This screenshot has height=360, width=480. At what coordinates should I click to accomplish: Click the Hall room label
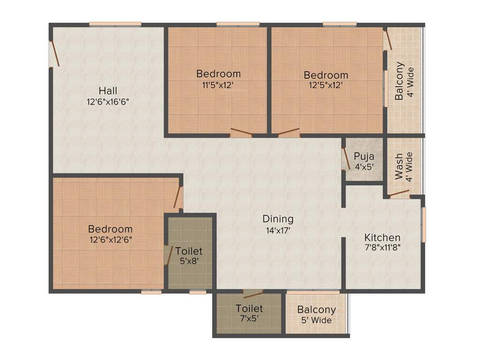[x=108, y=90]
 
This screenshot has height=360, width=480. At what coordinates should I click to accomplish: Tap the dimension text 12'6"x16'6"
[x=108, y=102]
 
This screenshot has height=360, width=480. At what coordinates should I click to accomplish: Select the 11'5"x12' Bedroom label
[x=218, y=74]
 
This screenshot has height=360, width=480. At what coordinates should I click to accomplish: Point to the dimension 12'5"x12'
[x=326, y=85]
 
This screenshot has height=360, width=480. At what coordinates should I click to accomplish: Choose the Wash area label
[x=399, y=166]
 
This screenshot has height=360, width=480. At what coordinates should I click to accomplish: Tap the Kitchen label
[x=382, y=237]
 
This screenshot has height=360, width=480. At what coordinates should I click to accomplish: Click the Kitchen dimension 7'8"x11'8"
[x=382, y=248]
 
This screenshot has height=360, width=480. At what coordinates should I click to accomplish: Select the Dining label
[x=278, y=218]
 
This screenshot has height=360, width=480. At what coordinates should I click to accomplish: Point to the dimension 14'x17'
[x=278, y=230]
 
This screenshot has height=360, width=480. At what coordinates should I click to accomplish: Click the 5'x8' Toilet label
[x=189, y=251]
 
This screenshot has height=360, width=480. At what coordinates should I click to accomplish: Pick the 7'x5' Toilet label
[x=249, y=308]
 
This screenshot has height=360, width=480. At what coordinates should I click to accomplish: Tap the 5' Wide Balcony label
[x=317, y=310]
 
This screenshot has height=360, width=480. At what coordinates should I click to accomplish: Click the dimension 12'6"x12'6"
[x=110, y=240]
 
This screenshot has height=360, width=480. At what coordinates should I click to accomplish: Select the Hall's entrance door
[x=54, y=54]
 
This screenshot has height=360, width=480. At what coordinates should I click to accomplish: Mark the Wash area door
[x=399, y=193]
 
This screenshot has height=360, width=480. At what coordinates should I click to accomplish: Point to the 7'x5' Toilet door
[x=253, y=294]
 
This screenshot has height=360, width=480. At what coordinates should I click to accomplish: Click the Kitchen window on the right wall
[x=423, y=225]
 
